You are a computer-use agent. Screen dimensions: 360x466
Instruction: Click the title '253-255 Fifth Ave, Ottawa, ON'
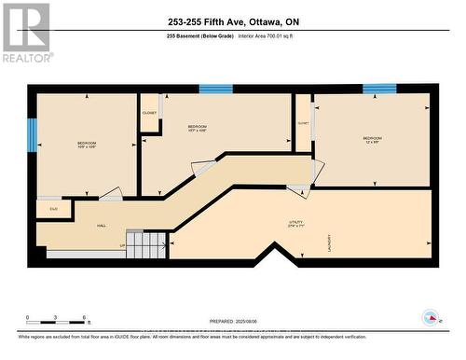[232, 21]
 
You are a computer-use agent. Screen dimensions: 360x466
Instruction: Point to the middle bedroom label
[197, 128]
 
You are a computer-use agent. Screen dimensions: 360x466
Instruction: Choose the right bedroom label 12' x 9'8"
[372, 140]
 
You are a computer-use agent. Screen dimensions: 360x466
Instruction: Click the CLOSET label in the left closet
[149, 113]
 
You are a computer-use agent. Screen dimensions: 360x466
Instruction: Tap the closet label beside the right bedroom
[303, 123]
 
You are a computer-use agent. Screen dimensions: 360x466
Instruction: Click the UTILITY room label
[296, 224]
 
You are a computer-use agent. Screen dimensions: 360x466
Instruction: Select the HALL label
[101, 226]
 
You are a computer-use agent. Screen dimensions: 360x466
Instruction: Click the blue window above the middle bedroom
[215, 90]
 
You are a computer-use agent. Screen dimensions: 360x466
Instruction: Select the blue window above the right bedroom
[379, 90]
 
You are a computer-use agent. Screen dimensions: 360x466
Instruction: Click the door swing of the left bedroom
[111, 194]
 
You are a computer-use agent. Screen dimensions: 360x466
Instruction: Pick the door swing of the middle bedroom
[202, 170]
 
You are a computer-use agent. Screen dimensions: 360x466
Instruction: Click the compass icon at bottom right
[432, 317]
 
